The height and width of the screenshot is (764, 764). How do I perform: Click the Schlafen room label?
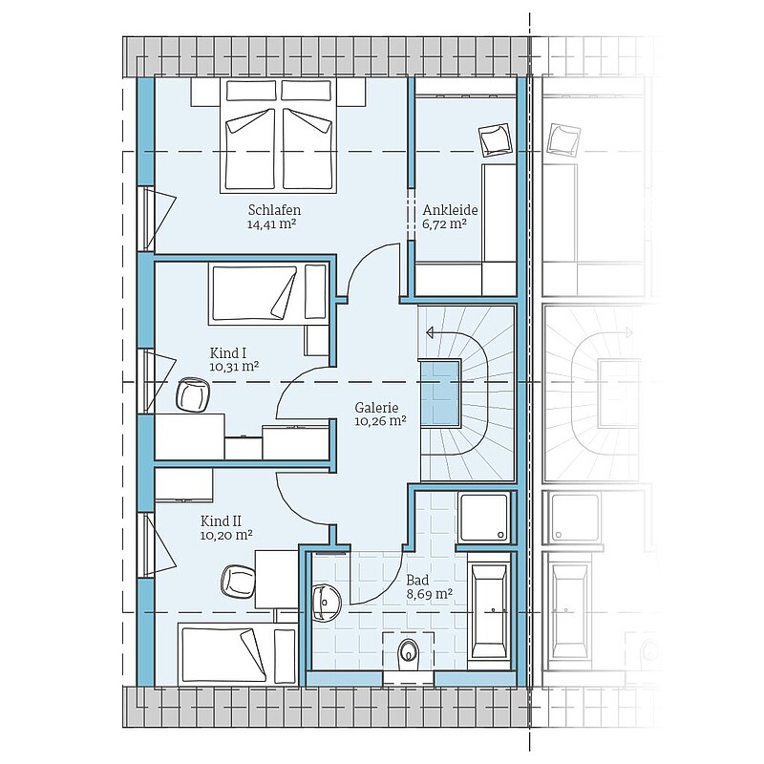(x=274, y=210)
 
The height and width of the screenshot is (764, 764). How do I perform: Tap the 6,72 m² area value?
(x=444, y=224)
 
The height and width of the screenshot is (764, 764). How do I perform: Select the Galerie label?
(x=376, y=408)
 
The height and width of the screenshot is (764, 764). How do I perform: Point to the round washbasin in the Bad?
(x=326, y=603)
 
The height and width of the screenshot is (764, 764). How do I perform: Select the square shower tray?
(x=484, y=517)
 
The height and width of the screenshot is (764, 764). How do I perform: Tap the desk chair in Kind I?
(x=193, y=393)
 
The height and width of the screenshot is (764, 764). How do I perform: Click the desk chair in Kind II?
(x=238, y=581)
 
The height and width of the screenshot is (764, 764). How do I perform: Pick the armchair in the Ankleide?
(x=495, y=139)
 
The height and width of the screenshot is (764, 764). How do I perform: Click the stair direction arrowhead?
(x=431, y=332)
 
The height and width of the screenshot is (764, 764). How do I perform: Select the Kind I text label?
(x=227, y=352)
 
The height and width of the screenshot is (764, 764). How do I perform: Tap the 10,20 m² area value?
(x=226, y=536)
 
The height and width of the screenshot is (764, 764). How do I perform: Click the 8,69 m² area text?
(x=429, y=594)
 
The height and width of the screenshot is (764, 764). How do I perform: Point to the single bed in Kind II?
(x=237, y=654)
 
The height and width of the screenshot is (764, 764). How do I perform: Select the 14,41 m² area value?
(x=272, y=224)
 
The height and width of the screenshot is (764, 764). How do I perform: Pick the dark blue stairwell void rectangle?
(x=440, y=393)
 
